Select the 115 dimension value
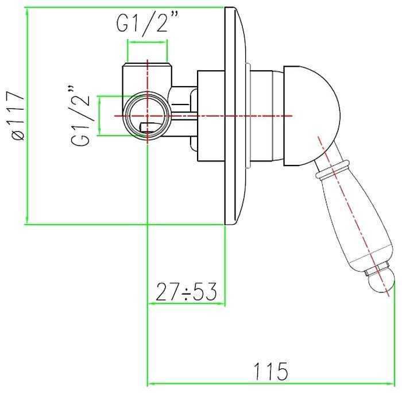pyautogui.click(x=271, y=371)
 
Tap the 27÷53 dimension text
pyautogui.click(x=187, y=292)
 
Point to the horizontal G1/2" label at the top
pyautogui.click(x=147, y=23)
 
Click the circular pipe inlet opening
pyautogui.click(x=147, y=116)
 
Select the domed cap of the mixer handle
pyautogui.click(x=311, y=116)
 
